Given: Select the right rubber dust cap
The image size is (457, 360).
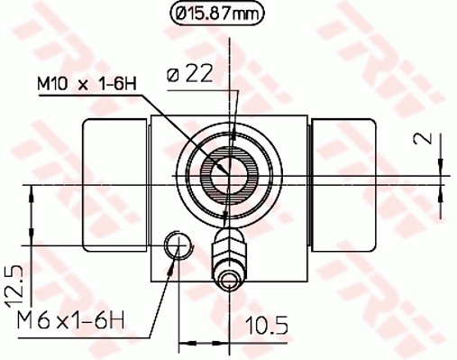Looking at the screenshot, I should (x=343, y=185).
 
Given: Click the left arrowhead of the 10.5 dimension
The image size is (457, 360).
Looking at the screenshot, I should (x=186, y=341).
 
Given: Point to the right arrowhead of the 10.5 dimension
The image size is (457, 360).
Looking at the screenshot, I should (x=221, y=341).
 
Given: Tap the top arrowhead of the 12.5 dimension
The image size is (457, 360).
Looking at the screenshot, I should (x=33, y=191).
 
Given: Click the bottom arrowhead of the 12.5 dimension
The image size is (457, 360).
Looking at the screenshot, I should (x=33, y=237).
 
